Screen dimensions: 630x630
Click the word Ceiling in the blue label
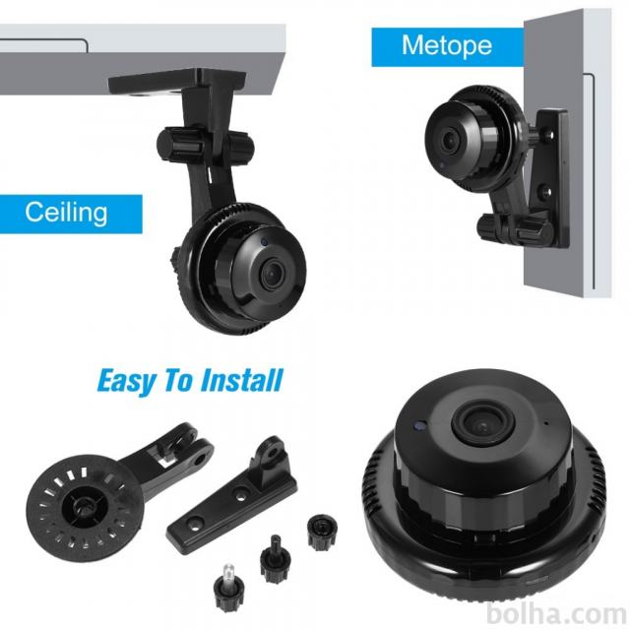click(x=66, y=213)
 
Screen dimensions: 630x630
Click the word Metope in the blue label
click(x=447, y=45)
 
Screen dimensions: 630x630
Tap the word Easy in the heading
click(x=126, y=380)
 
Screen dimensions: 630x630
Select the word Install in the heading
click(x=241, y=380)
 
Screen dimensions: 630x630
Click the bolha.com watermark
click(x=556, y=614)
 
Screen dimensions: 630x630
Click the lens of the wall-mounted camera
click(x=450, y=140)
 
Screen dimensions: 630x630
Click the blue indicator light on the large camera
click(x=420, y=424)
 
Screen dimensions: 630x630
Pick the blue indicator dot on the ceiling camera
click(x=264, y=242)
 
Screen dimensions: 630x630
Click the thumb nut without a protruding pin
click(x=322, y=534)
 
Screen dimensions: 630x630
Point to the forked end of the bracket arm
click(x=186, y=440)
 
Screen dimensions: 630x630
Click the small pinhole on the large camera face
click(x=544, y=423)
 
